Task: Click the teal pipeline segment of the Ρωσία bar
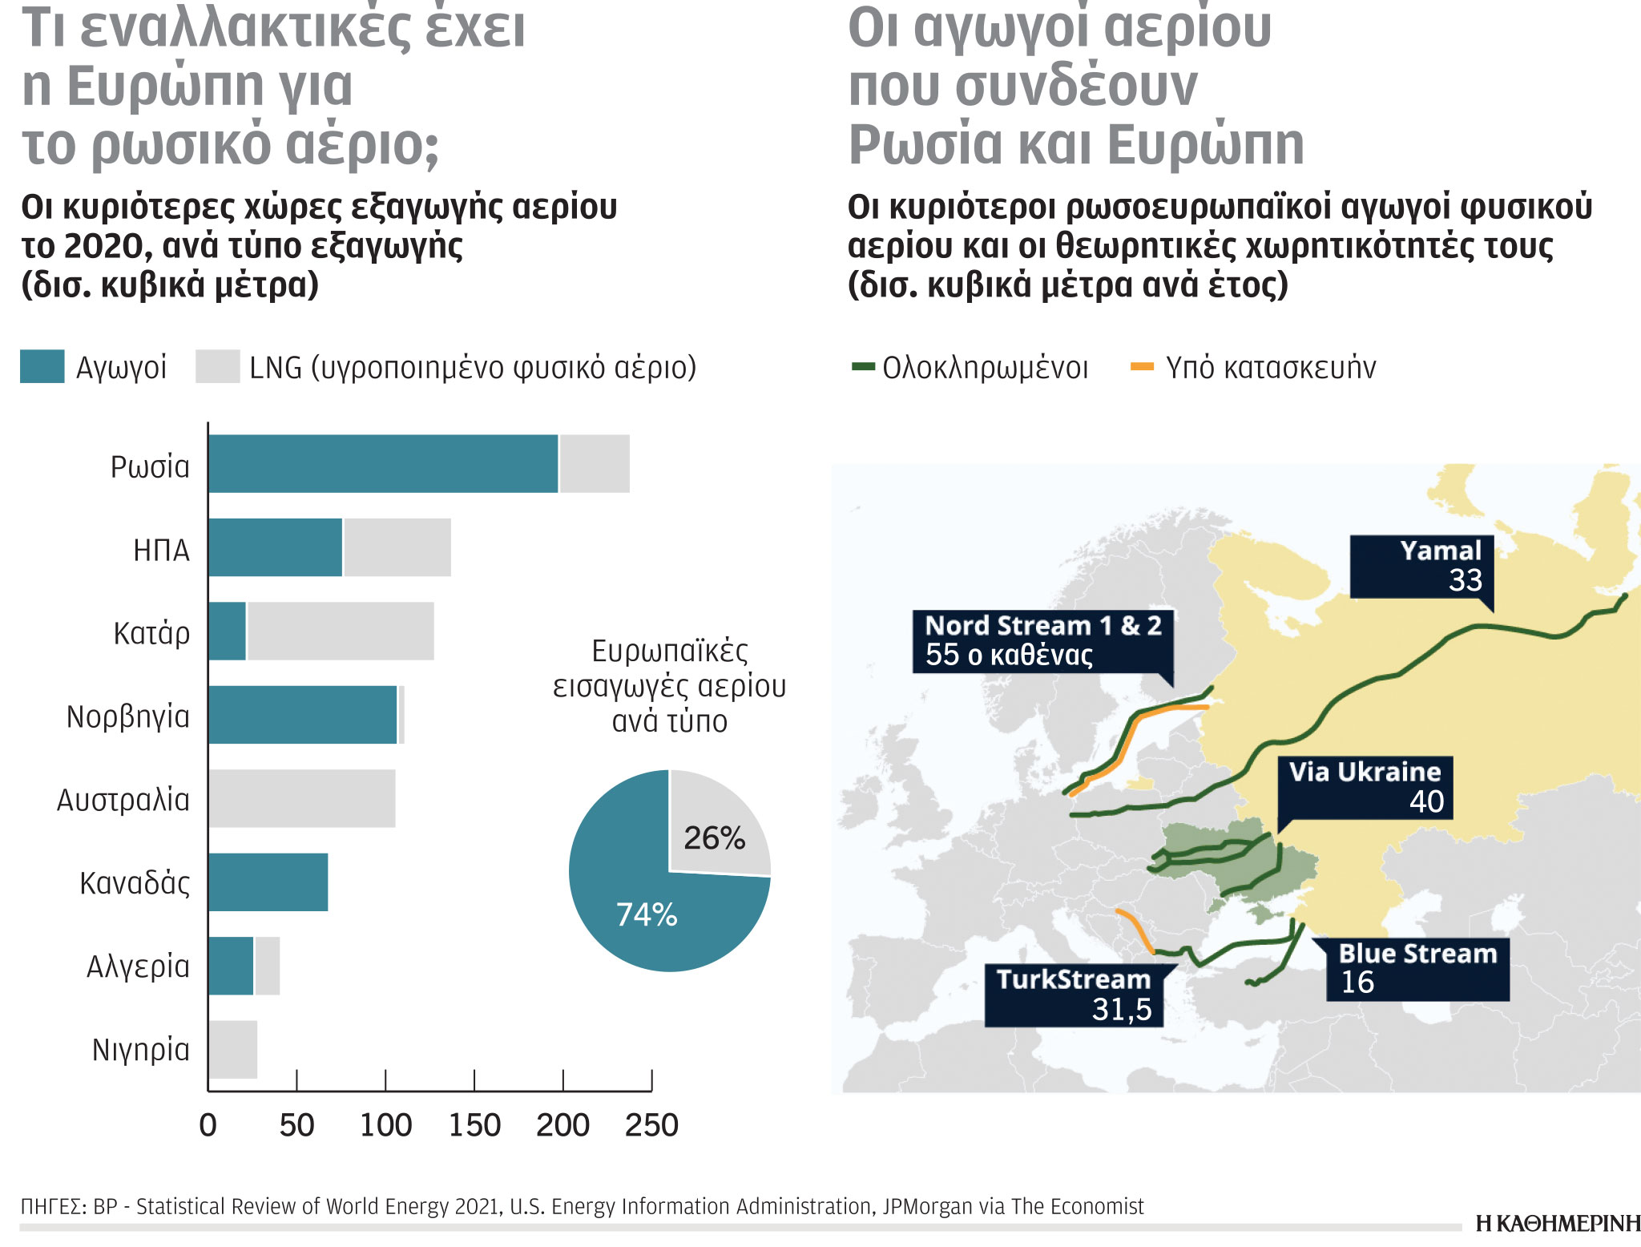click(x=383, y=463)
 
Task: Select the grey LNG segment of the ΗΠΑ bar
click(x=397, y=547)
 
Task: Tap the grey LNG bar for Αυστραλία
click(x=302, y=798)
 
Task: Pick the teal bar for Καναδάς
click(x=268, y=882)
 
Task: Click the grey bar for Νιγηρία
click(x=233, y=1049)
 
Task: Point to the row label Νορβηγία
click(x=128, y=716)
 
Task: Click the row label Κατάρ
click(x=151, y=633)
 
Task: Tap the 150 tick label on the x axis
click(x=474, y=1126)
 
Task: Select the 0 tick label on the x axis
click(x=208, y=1126)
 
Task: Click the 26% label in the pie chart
click(x=714, y=838)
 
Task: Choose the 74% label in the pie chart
click(x=647, y=914)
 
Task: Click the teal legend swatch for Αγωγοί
click(x=42, y=367)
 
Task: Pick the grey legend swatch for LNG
click(x=217, y=367)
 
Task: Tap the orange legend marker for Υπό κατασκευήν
click(x=1142, y=367)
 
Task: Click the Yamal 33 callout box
click(x=1422, y=566)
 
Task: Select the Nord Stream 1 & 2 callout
click(x=1042, y=640)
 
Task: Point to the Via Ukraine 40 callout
click(x=1365, y=786)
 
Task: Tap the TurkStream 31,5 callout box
click(x=1074, y=995)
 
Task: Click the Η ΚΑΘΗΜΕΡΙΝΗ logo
click(x=1558, y=1224)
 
